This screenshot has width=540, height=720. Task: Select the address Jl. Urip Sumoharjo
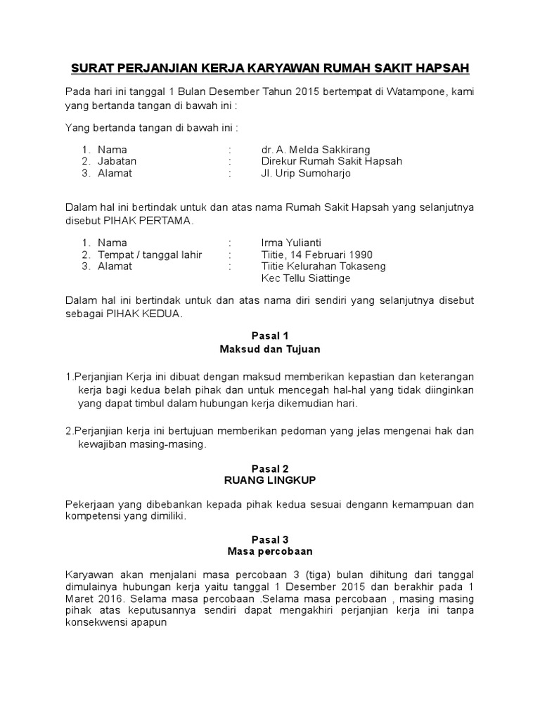click(x=305, y=173)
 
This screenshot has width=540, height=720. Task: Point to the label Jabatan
click(x=117, y=161)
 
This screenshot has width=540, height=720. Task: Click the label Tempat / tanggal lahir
click(x=150, y=255)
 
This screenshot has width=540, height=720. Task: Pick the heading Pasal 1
click(x=270, y=335)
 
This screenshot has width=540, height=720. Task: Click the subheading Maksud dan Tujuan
click(x=270, y=349)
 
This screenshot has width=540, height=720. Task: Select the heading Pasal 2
click(x=270, y=468)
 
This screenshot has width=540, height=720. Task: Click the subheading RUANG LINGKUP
click(x=270, y=481)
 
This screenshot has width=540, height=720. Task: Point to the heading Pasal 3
click(x=270, y=540)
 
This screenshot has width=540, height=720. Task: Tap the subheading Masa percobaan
click(x=270, y=553)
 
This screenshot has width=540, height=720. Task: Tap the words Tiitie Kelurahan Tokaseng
click(x=323, y=266)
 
